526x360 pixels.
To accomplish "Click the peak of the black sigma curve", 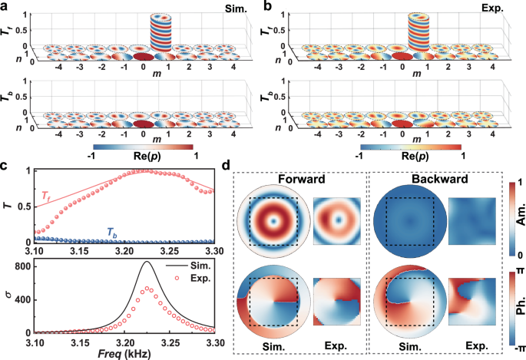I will (168, 263).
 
